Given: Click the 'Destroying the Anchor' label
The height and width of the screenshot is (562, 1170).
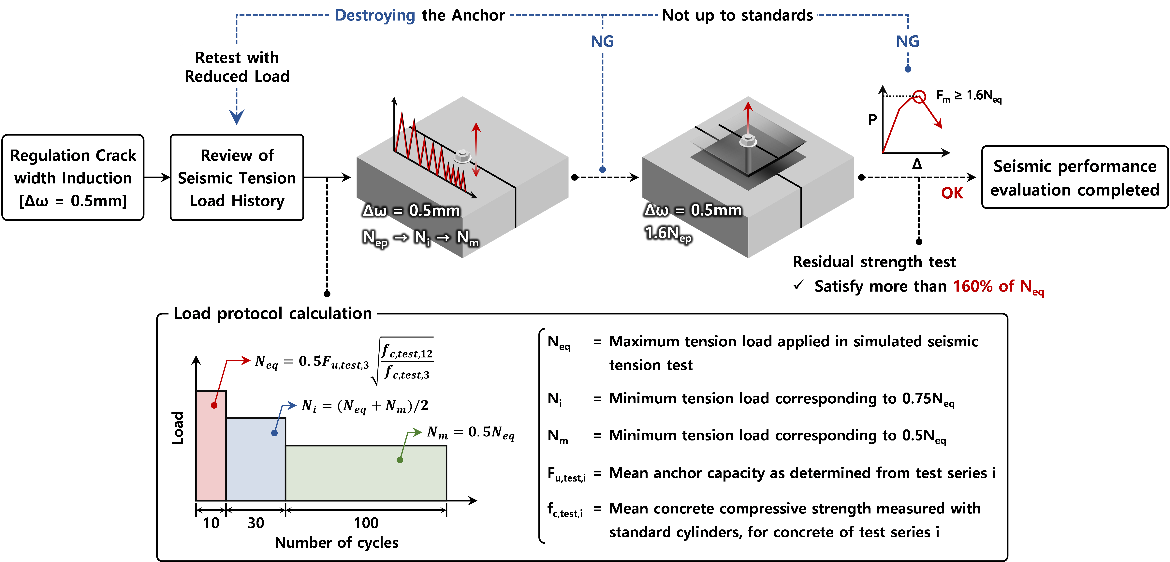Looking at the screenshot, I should pyautogui.click(x=419, y=15).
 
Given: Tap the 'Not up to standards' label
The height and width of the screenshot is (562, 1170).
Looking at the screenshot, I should pyautogui.click(x=737, y=15).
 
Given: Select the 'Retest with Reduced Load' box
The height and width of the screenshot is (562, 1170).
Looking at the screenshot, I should pyautogui.click(x=237, y=66).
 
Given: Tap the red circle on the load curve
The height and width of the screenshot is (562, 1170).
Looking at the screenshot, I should pyautogui.click(x=919, y=97).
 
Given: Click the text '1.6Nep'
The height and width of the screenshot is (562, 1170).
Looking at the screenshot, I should pyautogui.click(x=668, y=234).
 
